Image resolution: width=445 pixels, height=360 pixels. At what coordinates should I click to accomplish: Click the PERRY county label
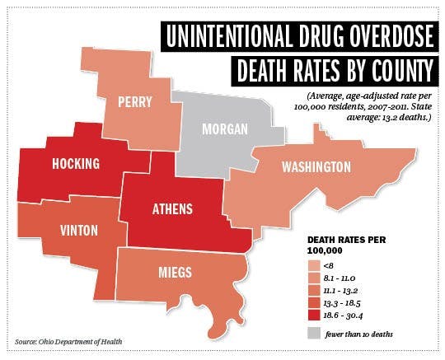pyautogui.click(x=136, y=102)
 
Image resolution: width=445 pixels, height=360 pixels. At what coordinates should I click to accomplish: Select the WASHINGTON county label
pyautogui.click(x=316, y=168)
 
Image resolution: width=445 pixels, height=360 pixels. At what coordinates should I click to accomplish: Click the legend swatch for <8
pyautogui.click(x=314, y=267)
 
